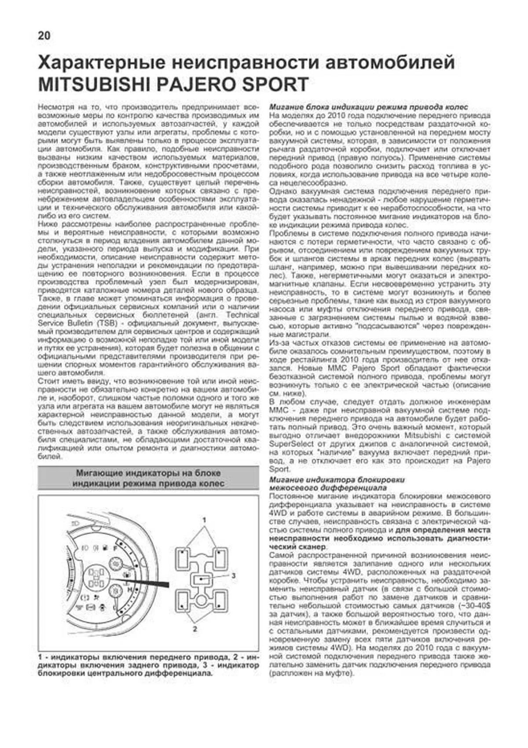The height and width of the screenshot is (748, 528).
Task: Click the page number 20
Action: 44,36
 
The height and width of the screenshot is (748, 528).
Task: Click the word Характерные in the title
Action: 102,63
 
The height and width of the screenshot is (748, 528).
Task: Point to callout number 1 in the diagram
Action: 204,520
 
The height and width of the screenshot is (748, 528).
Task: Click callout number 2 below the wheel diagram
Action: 195,629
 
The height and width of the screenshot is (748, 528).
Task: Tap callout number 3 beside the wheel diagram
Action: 234,575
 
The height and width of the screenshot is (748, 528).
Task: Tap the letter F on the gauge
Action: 115,549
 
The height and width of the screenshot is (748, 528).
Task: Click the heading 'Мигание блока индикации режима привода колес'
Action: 368,107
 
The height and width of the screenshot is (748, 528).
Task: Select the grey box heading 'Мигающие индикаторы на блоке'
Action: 148,473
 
